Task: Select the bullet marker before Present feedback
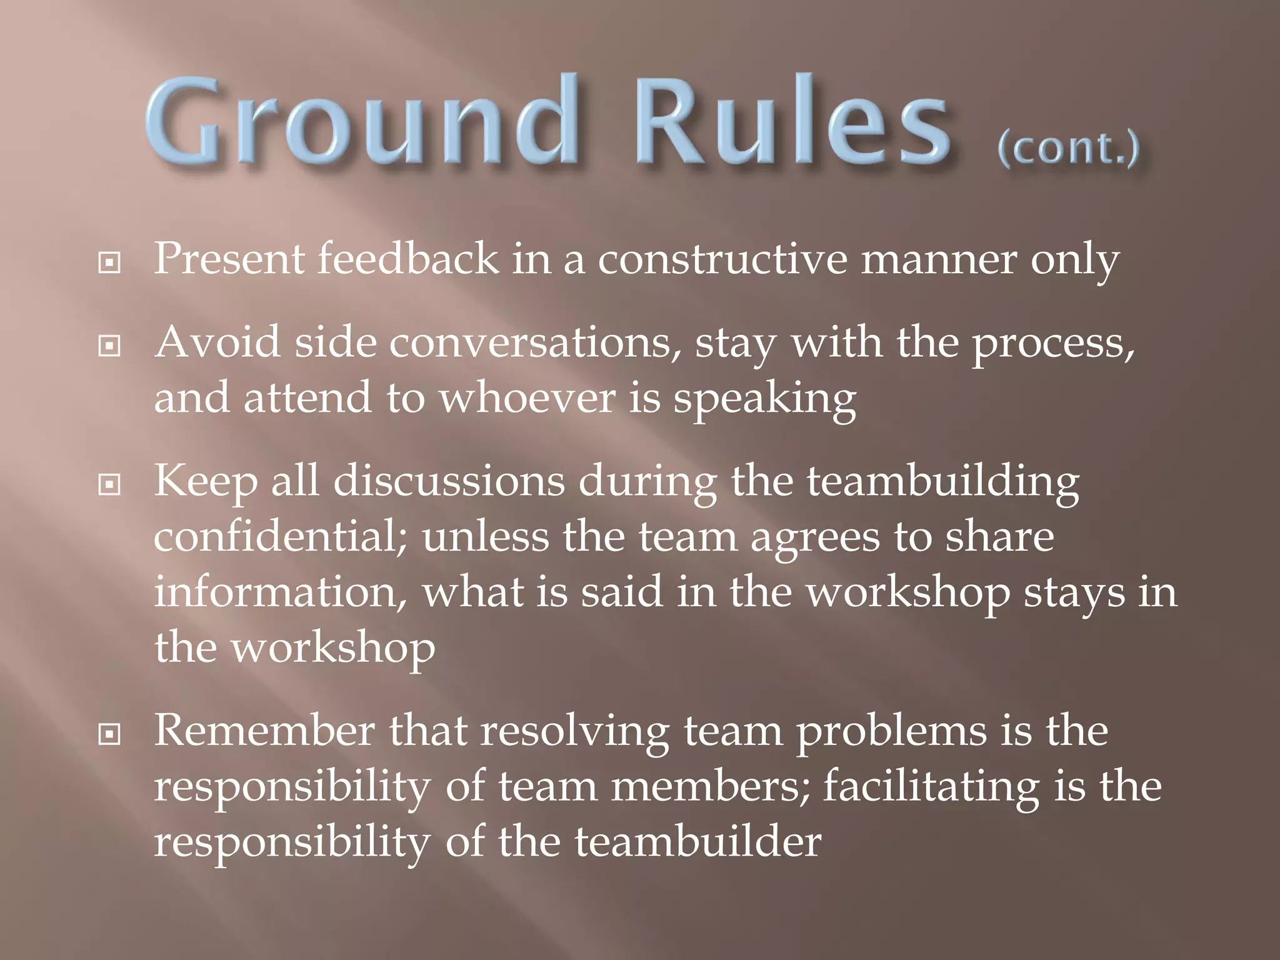[109, 262]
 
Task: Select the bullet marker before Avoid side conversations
[109, 346]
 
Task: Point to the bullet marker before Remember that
[109, 734]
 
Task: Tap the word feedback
[407, 259]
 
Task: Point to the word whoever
[526, 398]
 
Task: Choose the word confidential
[280, 537]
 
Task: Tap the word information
[280, 592]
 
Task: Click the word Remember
[264, 731]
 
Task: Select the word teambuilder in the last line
[697, 842]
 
